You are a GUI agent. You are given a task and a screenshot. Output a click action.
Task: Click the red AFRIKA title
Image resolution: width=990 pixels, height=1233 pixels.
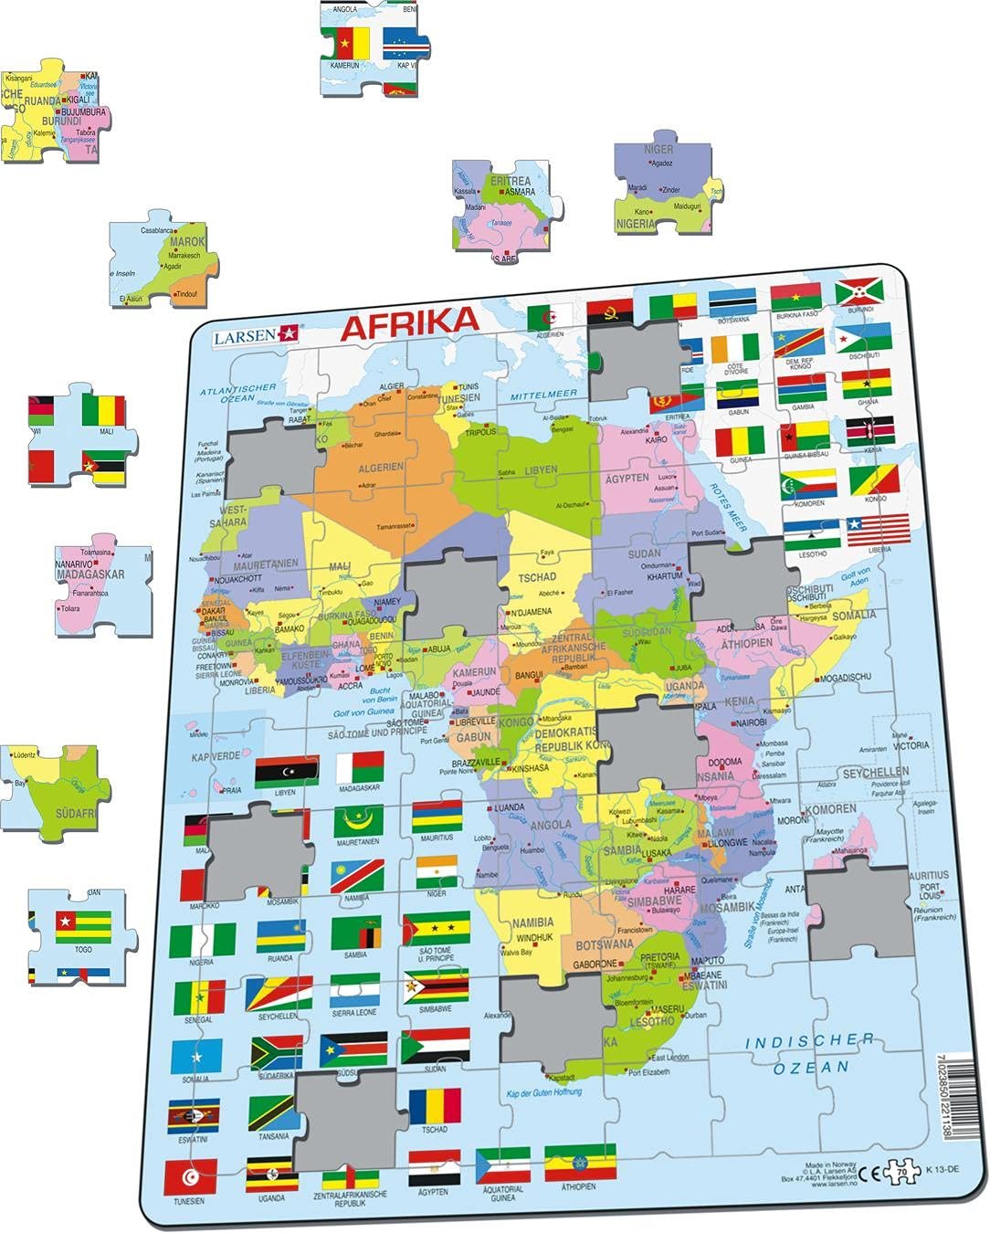click(x=409, y=322)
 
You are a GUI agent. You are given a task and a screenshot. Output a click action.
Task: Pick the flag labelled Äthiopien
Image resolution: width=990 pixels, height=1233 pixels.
click(x=580, y=1163)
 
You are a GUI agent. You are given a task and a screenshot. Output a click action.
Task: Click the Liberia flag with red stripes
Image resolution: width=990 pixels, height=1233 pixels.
click(x=878, y=530)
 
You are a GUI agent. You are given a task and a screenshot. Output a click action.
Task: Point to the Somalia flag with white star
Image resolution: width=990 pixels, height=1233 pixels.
click(x=196, y=1057)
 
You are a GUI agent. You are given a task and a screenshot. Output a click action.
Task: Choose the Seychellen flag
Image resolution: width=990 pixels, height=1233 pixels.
click(x=279, y=994)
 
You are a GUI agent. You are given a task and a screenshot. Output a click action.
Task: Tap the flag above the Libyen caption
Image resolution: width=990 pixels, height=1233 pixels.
click(x=286, y=773)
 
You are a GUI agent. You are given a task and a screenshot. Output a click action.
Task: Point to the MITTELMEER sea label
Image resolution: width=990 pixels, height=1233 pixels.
click(x=543, y=395)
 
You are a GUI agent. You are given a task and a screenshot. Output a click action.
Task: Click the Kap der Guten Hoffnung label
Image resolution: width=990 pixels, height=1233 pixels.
click(x=543, y=1093)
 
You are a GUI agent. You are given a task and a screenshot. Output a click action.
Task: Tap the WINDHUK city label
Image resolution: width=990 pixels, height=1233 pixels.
click(x=535, y=937)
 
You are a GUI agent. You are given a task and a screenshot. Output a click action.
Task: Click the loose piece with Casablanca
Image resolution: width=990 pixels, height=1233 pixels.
click(x=164, y=260)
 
